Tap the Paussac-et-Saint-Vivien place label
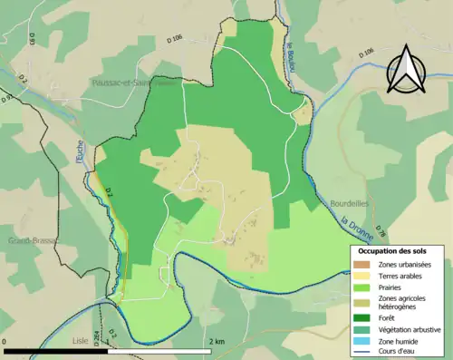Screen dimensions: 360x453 click(127, 83)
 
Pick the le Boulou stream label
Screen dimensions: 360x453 click(293, 61)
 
